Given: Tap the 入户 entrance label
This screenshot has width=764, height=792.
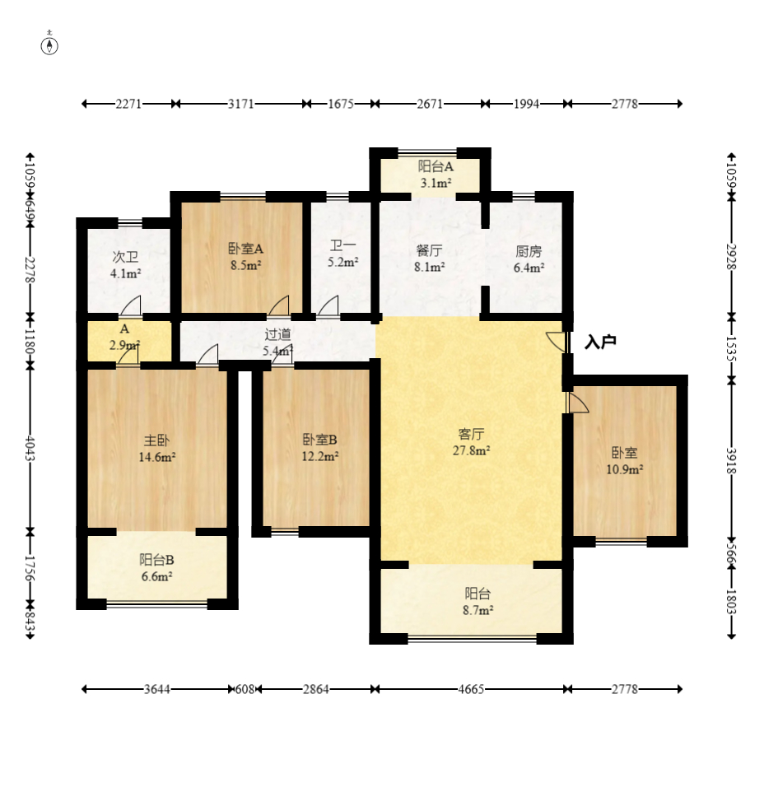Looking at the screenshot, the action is click(x=600, y=342).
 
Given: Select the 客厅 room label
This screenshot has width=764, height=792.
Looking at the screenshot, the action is click(x=471, y=433).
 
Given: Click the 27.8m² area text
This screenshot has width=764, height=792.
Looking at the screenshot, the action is click(x=471, y=450).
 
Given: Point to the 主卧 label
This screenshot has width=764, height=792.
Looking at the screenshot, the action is click(x=156, y=440).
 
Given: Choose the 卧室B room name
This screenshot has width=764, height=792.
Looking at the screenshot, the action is click(x=319, y=440).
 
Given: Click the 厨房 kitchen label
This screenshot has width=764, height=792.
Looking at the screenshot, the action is click(x=529, y=251).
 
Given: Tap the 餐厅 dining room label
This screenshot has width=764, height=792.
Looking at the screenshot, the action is click(x=429, y=250).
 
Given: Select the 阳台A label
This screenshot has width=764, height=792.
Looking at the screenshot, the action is click(x=436, y=166).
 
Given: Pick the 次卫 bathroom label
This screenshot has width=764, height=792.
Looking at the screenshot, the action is click(x=125, y=257).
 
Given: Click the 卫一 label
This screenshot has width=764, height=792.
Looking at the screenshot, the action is click(x=342, y=246).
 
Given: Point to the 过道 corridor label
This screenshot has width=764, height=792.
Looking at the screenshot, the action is click(x=277, y=334).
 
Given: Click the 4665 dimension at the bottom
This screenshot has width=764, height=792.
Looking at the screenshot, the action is click(x=471, y=689).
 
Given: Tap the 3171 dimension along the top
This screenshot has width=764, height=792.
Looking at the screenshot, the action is click(x=241, y=104).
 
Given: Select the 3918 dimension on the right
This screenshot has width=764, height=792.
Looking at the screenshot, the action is click(x=732, y=460).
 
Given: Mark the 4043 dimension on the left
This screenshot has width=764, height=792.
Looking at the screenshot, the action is click(x=30, y=449).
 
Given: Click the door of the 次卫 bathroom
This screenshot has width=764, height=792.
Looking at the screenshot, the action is click(x=130, y=306).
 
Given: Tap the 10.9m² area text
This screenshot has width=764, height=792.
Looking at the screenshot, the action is click(x=625, y=470).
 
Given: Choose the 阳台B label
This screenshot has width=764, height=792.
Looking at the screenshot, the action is click(x=156, y=560).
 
